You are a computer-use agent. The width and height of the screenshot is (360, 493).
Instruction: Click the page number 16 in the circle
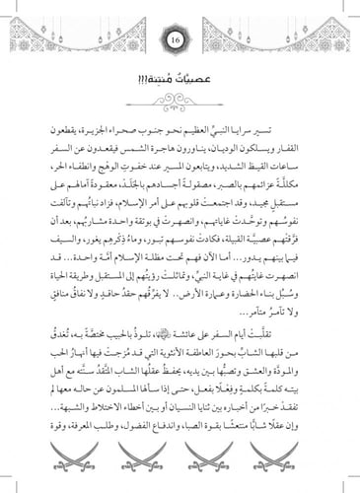click(x=180, y=41)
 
